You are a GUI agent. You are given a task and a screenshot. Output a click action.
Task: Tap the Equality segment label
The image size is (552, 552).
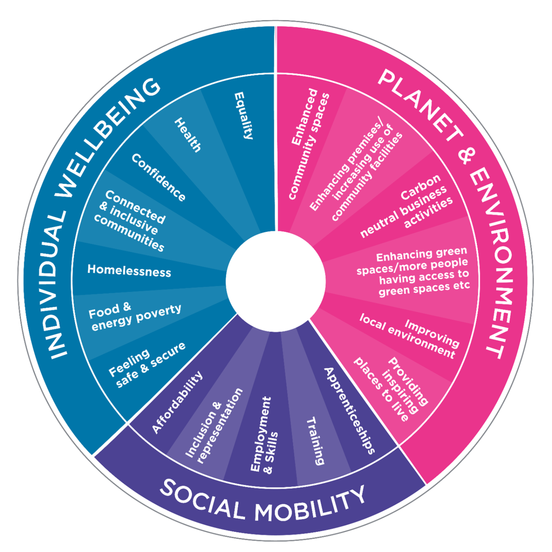click(x=243, y=116)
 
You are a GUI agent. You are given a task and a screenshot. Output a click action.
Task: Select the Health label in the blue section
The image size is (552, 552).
click(x=187, y=135)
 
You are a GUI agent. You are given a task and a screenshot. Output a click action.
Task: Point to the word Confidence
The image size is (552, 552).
click(x=158, y=177)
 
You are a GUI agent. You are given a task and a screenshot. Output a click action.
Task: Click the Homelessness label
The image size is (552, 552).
click(x=129, y=271)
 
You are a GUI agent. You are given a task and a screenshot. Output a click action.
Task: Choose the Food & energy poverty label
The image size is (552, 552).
click(x=135, y=317)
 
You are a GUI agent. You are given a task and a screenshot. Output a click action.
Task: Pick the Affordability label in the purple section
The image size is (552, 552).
click(x=177, y=402)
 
